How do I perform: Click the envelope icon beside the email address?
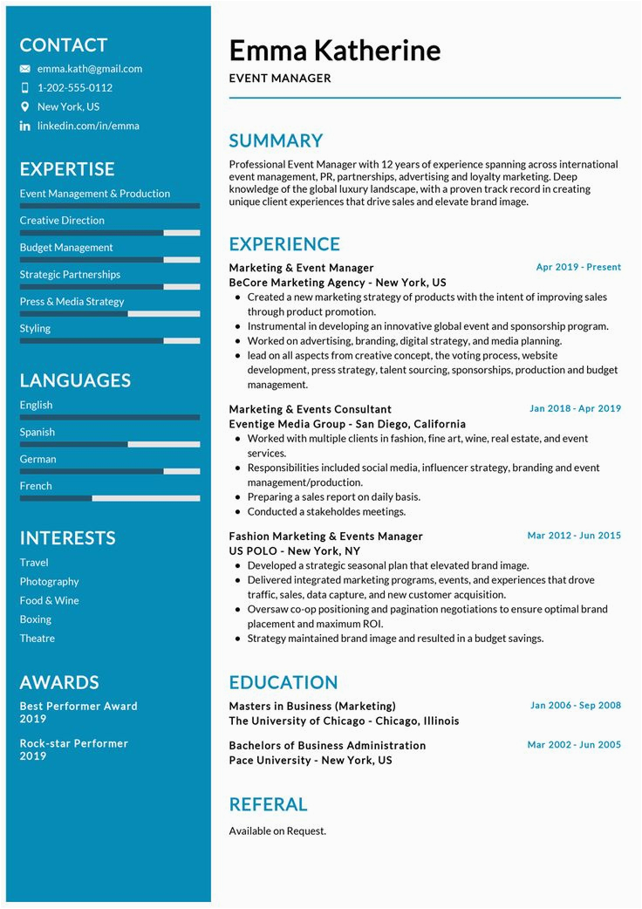point(24,69)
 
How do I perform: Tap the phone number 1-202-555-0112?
point(74,87)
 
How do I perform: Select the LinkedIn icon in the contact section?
point(24,126)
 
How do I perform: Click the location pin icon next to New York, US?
point(24,106)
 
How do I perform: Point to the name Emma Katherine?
point(334,50)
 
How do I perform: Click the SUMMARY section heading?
point(276,140)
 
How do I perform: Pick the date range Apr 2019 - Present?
point(578,267)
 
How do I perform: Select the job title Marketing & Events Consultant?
point(310,409)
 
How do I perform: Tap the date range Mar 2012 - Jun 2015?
point(574,536)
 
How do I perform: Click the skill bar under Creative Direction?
point(109,233)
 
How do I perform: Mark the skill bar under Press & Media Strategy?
point(109,314)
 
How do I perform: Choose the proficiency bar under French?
point(109,498)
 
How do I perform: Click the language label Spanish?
point(38,432)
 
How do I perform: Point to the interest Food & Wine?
point(49,600)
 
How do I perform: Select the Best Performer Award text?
point(79,706)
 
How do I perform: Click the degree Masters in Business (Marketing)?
point(312,706)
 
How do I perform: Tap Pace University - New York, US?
point(310,760)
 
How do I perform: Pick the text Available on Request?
point(277,830)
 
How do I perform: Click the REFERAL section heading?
point(268,804)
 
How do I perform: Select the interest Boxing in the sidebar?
point(36,619)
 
